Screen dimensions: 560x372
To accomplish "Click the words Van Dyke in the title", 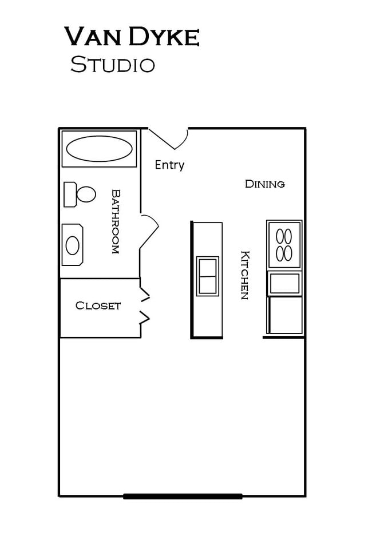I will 132,37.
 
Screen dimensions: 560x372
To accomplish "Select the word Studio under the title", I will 113,65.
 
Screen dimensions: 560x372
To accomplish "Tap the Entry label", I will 169,165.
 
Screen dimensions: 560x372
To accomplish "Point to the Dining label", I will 264,184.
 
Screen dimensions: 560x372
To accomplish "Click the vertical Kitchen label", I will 244,275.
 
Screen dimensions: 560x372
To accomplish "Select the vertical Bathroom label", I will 115,222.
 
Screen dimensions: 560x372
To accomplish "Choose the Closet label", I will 98,306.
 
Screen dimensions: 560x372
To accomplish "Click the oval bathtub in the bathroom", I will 99,149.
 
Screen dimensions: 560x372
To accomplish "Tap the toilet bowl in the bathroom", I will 86,194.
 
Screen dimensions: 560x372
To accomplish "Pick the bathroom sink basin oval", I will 72,245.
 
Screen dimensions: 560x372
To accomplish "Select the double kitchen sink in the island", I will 207,276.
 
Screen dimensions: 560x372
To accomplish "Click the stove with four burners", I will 284,245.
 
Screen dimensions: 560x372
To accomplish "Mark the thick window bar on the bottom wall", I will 183,496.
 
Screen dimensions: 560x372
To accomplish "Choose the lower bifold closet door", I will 145,318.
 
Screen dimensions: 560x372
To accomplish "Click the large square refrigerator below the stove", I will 285,315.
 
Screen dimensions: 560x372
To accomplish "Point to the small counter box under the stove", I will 284,283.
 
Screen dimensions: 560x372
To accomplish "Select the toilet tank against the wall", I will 70,194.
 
